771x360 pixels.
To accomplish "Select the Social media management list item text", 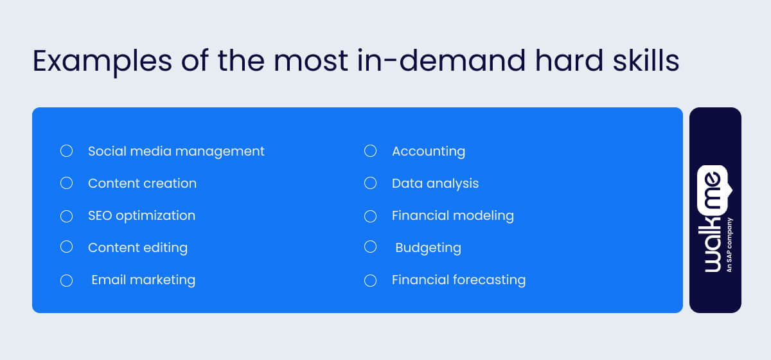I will tap(176, 151).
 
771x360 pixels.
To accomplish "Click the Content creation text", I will tap(142, 183).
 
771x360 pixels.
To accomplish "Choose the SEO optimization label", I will tap(141, 215).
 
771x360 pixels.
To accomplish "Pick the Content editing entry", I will tap(137, 248).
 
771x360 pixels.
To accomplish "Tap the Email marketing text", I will tap(143, 280).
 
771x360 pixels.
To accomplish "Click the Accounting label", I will tap(429, 151).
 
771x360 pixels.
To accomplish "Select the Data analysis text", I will tap(435, 183).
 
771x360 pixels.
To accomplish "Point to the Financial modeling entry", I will tap(453, 215).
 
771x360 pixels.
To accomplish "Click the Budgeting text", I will tap(428, 248).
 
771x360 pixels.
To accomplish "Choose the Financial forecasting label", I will tap(459, 280).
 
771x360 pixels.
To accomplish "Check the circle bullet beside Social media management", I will tap(66, 151).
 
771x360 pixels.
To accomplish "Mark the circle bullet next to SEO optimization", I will tap(66, 216).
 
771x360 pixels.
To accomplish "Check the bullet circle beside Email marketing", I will tap(66, 280).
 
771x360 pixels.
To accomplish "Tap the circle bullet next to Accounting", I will tap(370, 151).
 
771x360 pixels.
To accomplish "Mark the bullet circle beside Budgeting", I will tap(370, 247).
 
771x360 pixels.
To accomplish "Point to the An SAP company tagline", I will tap(729, 245).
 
